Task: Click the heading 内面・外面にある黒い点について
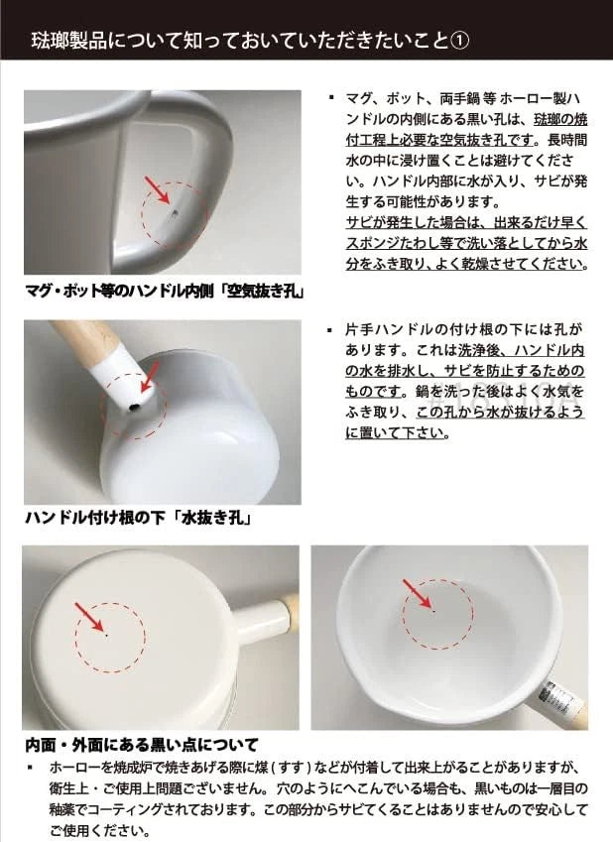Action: (142, 744)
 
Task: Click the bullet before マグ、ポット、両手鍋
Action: (329, 98)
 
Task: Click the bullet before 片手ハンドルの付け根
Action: (329, 328)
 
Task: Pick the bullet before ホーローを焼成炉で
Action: (30, 769)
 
